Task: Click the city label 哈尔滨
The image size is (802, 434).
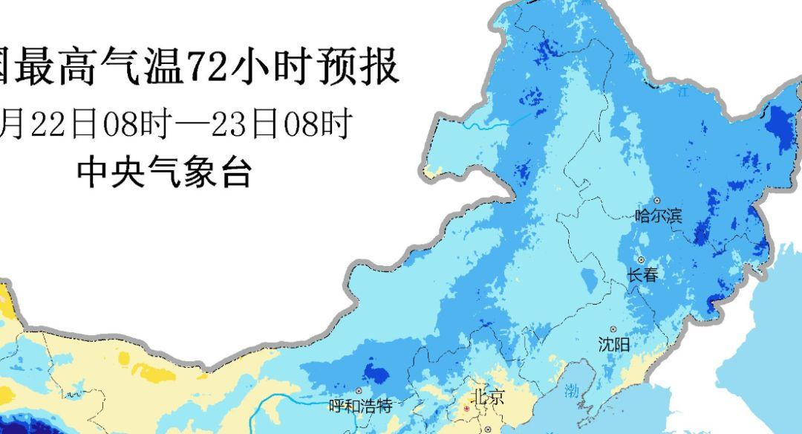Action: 659,216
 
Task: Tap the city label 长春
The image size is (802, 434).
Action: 643,274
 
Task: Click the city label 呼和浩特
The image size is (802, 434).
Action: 360,406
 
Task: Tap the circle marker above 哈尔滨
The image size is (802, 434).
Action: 656,201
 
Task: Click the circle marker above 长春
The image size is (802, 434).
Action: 641,260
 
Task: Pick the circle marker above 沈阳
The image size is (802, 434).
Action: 613,329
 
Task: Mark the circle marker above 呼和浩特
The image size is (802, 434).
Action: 359,391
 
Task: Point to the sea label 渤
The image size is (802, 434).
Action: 571,391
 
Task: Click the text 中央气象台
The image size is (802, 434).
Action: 165,173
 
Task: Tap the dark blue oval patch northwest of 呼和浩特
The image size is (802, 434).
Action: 377,373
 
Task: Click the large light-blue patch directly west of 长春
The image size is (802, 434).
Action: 590,281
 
